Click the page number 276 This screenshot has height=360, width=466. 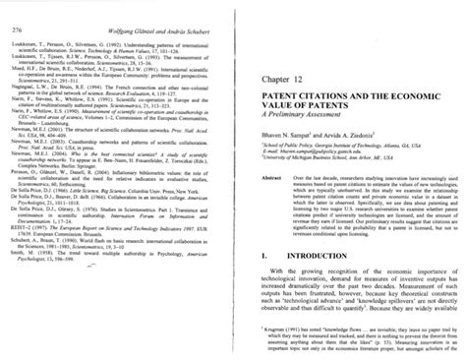coord(18,10)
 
